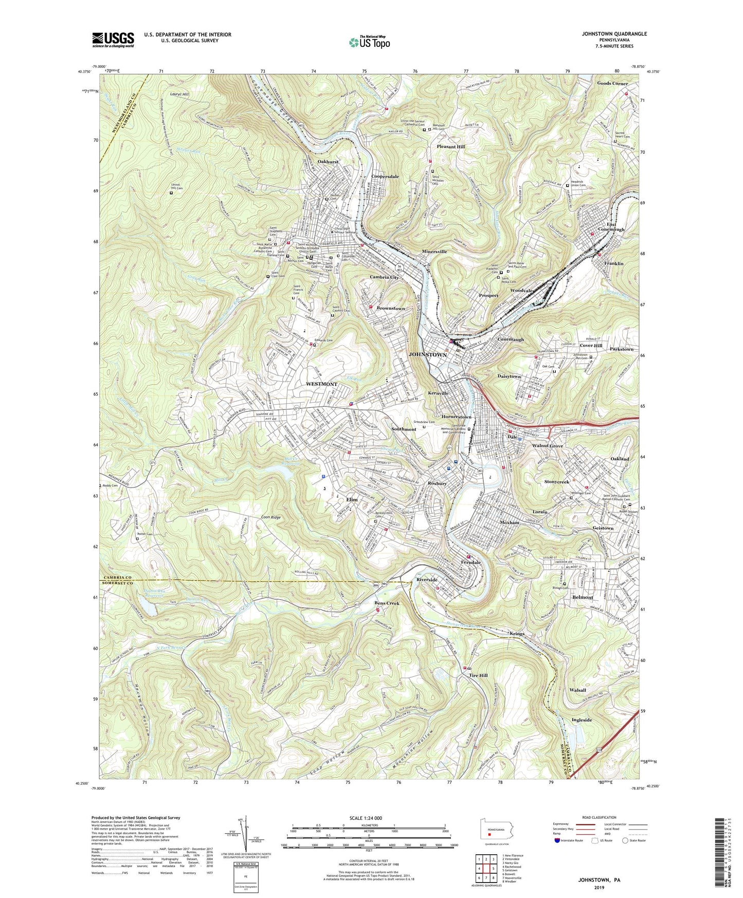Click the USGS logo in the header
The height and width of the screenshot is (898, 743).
coord(113,40)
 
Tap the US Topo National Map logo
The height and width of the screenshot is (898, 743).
coord(369,42)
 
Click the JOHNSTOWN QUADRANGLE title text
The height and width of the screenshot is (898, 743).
coord(614,34)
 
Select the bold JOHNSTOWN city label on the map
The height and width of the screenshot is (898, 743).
coord(427,355)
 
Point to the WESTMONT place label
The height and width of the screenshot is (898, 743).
coord(321,384)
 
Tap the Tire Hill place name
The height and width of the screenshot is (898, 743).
coord(478,675)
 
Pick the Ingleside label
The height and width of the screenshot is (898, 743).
coord(582,720)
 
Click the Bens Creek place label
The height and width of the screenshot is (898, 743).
coord(387,603)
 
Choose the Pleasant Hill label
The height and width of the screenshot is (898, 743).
coord(450,147)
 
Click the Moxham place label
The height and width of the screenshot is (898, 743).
coord(510,523)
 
